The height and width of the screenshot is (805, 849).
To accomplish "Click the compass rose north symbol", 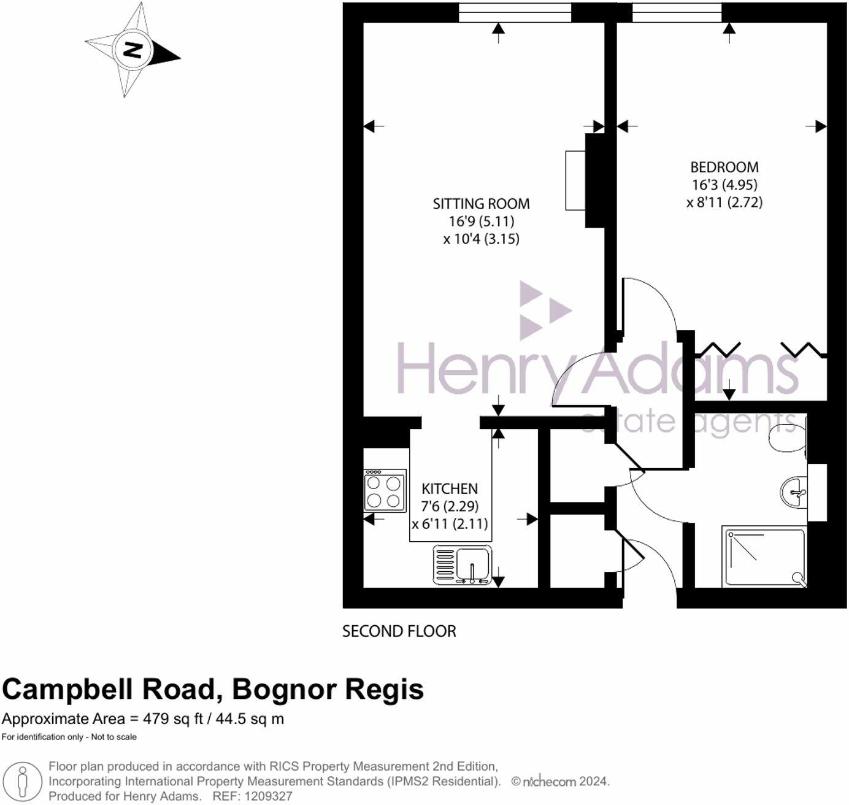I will tap(133, 50).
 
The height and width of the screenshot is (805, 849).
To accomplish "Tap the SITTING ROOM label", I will tap(481, 204).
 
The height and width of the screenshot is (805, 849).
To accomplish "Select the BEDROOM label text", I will tap(724, 167).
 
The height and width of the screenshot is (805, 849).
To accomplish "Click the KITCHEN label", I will tap(450, 488).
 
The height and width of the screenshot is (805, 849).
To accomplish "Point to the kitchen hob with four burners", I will tap(385, 491).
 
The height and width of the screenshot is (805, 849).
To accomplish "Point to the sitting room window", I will tap(515, 12).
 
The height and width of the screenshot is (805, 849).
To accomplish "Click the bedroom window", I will tap(677, 12).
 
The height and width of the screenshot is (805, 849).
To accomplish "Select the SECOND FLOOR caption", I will tap(399, 631).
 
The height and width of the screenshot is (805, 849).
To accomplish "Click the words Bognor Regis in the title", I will tap(328, 689).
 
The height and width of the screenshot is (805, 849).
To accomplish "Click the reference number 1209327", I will tap(269, 796).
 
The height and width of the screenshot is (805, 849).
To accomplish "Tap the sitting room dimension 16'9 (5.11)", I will tap(481, 221).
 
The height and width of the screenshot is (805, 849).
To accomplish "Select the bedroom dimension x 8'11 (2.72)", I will tap(724, 202).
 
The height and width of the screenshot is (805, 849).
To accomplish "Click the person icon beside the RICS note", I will tap(23, 781).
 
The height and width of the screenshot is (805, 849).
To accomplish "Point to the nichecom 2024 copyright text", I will tap(560, 782).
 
